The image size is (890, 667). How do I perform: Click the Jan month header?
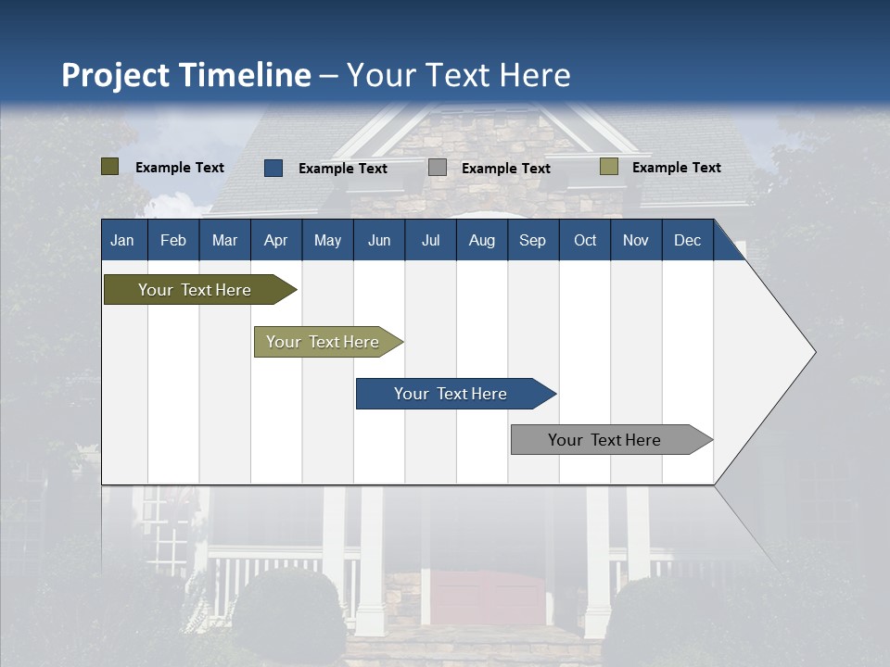point(122,240)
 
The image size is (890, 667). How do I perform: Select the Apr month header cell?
point(275,240)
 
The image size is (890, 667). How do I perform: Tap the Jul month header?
point(430,240)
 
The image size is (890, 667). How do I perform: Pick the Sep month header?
point(532,240)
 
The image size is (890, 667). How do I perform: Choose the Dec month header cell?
point(687,240)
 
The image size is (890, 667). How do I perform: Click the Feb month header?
point(173,240)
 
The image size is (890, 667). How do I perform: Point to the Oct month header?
point(585,240)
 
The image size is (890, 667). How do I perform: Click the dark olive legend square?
point(110,167)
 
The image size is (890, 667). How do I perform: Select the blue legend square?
point(273,168)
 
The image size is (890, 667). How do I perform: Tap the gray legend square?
point(438,168)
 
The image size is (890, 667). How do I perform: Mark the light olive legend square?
point(608,167)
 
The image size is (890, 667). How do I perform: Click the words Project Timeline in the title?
point(185,75)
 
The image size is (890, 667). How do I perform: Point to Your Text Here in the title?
point(459,75)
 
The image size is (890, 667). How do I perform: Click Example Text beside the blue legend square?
point(343,169)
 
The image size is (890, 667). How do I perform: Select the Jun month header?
point(379,240)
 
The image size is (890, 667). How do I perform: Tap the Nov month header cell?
point(636,240)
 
